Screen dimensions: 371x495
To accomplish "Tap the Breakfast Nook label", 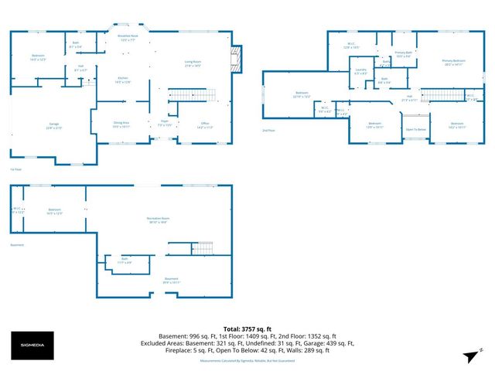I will [128, 37].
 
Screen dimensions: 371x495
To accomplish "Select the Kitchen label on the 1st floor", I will [122, 80].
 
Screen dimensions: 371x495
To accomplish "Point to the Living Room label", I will [193, 63].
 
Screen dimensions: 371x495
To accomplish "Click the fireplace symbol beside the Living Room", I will [238, 56].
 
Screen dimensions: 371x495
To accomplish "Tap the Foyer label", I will [165, 123].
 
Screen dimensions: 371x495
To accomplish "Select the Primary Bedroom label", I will [453, 62].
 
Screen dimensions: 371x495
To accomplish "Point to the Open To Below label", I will [415, 129].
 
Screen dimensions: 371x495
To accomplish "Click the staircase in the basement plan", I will [203, 248].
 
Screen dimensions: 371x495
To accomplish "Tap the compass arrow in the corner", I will [469, 355].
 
